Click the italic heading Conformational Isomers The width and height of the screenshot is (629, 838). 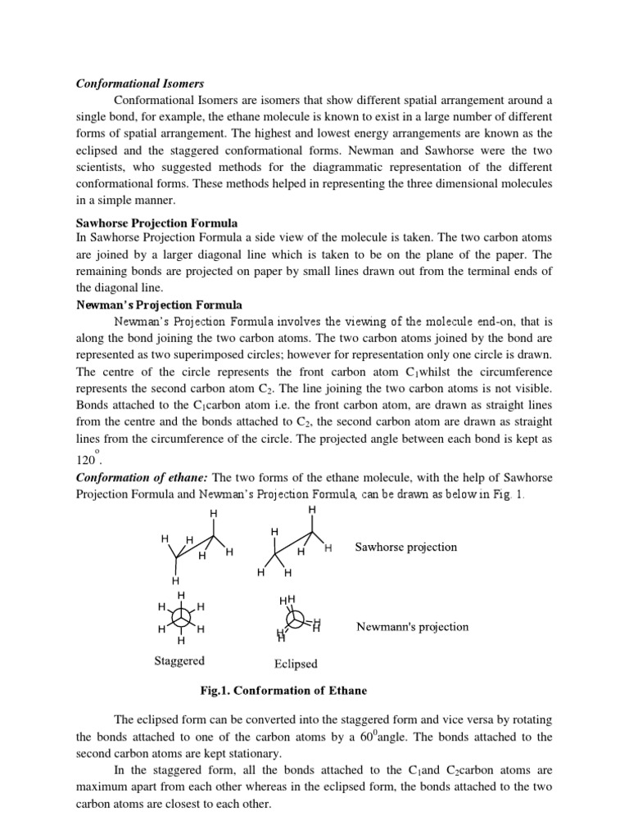(140, 83)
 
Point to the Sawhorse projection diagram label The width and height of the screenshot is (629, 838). (405, 547)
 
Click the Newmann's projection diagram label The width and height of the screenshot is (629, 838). (412, 627)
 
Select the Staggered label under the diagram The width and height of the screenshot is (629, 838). (179, 660)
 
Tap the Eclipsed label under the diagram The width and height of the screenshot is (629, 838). (295, 664)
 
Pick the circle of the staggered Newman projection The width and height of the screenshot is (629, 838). (181, 618)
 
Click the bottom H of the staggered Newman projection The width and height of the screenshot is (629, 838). (181, 641)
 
